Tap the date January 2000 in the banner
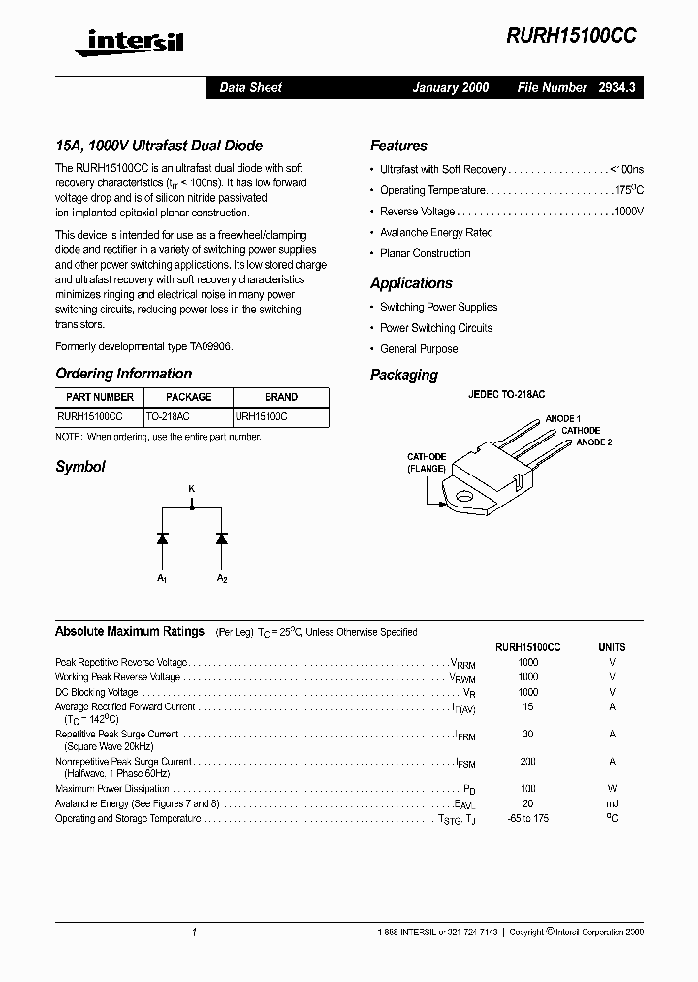pos(450,87)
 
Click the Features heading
pos(398,146)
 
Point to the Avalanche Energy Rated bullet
pos(436,233)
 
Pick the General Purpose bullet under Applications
pos(419,349)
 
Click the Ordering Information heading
pos(123,374)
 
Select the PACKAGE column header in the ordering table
pos(188,397)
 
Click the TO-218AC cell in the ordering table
pos(168,415)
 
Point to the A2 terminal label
pos(221,578)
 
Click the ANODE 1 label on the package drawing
pos(563,418)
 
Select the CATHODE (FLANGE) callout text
pos(427,462)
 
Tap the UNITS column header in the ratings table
pos(612,647)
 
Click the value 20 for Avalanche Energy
pos(528,804)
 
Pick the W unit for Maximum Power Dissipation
pos(612,790)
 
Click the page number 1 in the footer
pos(195,933)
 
